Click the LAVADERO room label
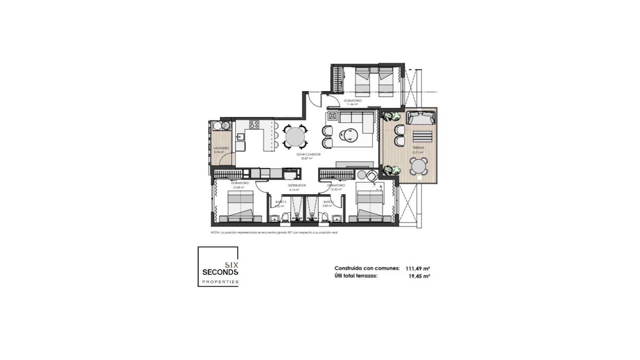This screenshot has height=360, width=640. [x=221, y=148]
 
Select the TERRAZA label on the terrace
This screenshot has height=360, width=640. [x=418, y=148]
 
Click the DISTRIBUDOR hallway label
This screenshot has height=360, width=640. [x=297, y=185]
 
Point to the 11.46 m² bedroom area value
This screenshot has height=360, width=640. [x=352, y=104]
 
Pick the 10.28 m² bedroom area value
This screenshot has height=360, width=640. [x=238, y=187]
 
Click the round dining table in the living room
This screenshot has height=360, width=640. [x=295, y=137]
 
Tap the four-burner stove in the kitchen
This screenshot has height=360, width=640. [x=254, y=125]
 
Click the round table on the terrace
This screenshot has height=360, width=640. [x=418, y=166]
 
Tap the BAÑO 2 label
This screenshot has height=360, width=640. [x=281, y=202]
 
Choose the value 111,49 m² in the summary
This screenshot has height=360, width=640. [x=418, y=268]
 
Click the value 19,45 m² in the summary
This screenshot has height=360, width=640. [x=419, y=276]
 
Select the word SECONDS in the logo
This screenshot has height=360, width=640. [x=220, y=272]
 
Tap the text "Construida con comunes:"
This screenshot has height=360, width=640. [x=367, y=268]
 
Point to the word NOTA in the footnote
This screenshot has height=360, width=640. [x=215, y=233]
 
